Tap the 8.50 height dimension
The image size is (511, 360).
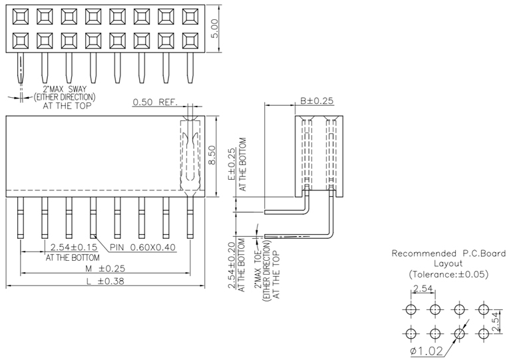tap(213, 155)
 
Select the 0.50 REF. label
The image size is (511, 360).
tap(154, 102)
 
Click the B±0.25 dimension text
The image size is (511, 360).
tap(317, 101)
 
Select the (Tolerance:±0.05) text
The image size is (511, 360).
tap(448, 274)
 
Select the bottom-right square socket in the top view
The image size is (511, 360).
tap(190, 41)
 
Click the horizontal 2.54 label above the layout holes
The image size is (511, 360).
tap(423, 289)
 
